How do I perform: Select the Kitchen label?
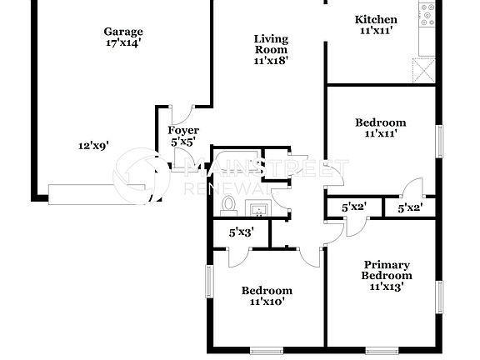[x=376, y=20]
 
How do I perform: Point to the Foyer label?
[x=183, y=131]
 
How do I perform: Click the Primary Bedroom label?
[x=387, y=270]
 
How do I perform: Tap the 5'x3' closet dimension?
[x=242, y=232]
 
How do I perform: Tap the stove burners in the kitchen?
[x=428, y=12]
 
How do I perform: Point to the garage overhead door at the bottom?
[x=100, y=194]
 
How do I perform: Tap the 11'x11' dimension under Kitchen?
[x=376, y=31]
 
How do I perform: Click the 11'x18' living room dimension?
[x=271, y=60]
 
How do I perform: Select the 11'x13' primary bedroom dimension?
[x=387, y=286]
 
